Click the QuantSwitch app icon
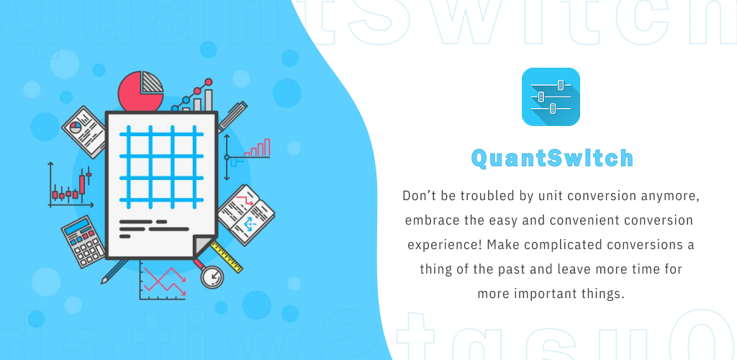[551, 96]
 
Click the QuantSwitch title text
[552, 158]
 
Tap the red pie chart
[140, 91]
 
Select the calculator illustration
[83, 242]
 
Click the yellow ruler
[227, 256]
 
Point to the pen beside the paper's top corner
[232, 116]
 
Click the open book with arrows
[246, 215]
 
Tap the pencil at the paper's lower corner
[114, 271]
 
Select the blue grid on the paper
[162, 167]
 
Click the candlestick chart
[71, 185]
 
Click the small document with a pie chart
[83, 132]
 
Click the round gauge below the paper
[212, 276]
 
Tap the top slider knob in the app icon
[560, 85]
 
